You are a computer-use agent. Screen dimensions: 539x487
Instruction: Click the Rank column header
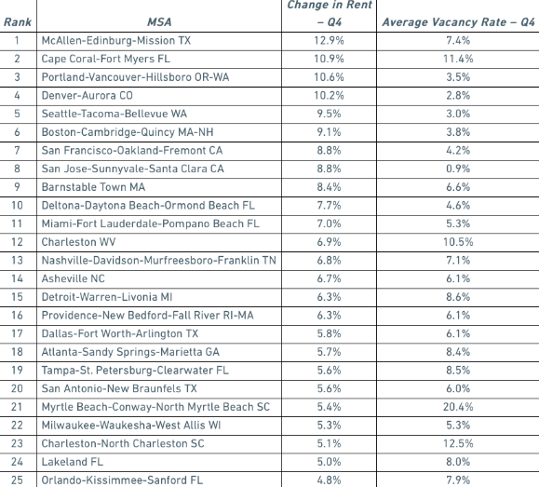[x=17, y=22]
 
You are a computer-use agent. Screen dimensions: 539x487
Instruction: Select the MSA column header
[x=159, y=22]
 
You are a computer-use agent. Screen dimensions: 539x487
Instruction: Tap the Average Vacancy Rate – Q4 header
[x=458, y=22]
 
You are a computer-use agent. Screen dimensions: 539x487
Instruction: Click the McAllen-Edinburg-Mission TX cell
[x=116, y=41]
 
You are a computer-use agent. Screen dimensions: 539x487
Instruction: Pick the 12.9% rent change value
[x=329, y=41]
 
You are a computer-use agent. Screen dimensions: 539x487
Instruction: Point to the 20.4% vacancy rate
[x=458, y=407]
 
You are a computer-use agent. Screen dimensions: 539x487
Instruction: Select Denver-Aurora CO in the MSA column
[x=87, y=95]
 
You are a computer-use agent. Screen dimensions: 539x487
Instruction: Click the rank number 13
[x=17, y=261]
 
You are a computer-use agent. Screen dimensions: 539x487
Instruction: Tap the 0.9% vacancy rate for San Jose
[x=458, y=169]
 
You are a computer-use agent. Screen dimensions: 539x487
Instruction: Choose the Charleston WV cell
[x=78, y=242]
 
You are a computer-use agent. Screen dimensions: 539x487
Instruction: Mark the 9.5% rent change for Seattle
[x=329, y=114]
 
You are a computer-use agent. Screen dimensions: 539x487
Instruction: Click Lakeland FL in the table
[x=73, y=462]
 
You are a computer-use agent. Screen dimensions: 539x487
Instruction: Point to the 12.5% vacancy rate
[x=458, y=443]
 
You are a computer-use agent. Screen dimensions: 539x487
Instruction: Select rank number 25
[x=17, y=480]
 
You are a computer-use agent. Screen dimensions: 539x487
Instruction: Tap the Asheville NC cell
[x=74, y=278]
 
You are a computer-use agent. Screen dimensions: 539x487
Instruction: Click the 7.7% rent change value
[x=329, y=206]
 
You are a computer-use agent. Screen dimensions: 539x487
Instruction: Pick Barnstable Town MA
[x=93, y=187]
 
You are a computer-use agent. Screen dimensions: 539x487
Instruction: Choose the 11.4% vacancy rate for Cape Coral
[x=458, y=59]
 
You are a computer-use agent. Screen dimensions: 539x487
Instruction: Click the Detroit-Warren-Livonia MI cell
[x=107, y=297]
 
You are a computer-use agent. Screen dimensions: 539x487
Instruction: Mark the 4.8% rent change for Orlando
[x=329, y=480]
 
